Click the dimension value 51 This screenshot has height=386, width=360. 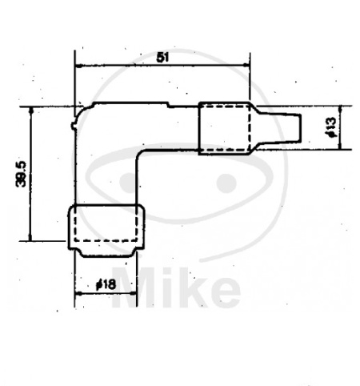pyautogui.click(x=162, y=58)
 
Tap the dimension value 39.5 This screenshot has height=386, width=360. pyautogui.click(x=22, y=174)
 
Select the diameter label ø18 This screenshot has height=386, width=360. pyautogui.click(x=106, y=284)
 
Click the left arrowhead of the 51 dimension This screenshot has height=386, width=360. pyautogui.click(x=78, y=65)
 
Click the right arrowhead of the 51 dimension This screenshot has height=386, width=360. pyautogui.click(x=246, y=65)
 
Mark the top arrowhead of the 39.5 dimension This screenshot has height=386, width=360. pyautogui.click(x=31, y=110)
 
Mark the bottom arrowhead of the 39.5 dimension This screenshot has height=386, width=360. pyautogui.click(x=30, y=238)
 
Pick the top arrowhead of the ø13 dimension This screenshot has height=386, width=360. pyautogui.click(x=340, y=109)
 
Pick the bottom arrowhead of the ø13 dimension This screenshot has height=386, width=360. pyautogui.click(x=340, y=146)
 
